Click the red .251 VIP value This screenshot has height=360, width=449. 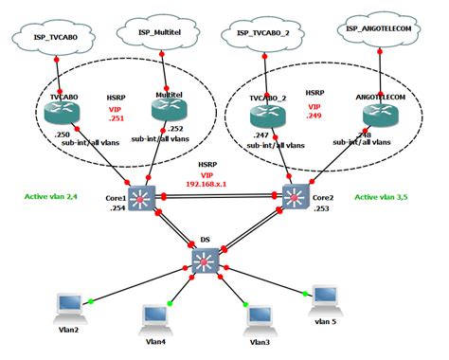point(115,120)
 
